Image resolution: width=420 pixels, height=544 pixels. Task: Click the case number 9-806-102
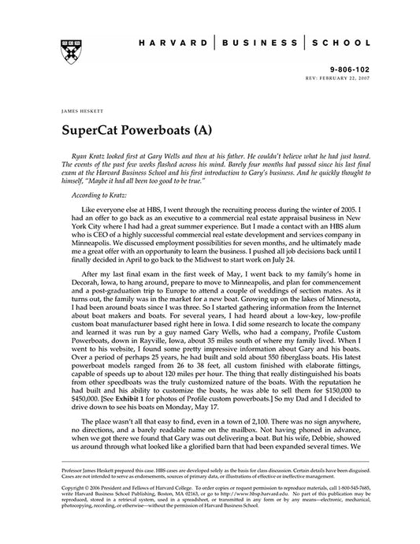[346, 69]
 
